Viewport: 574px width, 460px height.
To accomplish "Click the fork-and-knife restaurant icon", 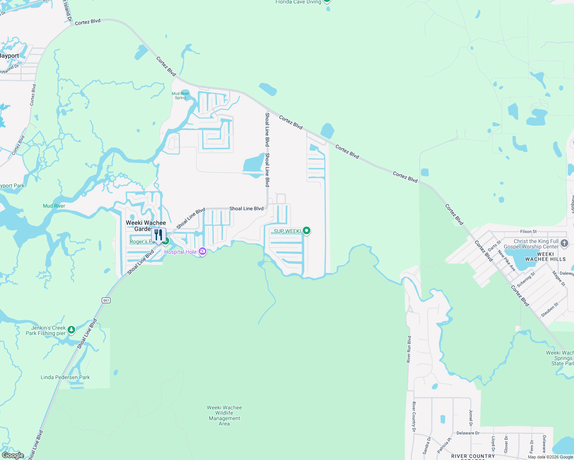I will click(158, 235).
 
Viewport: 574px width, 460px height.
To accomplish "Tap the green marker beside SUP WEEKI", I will click(306, 231).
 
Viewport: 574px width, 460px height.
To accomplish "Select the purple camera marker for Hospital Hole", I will click(203, 252).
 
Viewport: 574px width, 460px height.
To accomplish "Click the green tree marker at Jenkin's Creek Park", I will click(71, 330).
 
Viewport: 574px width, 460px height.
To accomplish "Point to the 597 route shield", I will click(106, 300).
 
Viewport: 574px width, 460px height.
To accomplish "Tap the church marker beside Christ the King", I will click(564, 243).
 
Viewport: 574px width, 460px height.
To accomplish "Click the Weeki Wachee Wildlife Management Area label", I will click(224, 416).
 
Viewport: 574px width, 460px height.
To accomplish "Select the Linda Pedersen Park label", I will click(65, 377).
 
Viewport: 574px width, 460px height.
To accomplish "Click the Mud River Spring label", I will click(180, 95).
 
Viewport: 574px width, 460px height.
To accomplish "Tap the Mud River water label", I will click(54, 206).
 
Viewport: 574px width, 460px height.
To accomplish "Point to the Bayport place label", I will click(9, 56).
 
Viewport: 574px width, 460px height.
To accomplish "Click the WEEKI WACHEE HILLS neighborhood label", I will click(545, 256).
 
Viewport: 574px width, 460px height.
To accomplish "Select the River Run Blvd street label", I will click(409, 349).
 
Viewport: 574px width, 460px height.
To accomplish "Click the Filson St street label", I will click(528, 232).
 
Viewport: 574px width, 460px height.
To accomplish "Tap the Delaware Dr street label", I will click(468, 433).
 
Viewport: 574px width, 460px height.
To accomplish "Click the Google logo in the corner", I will click(13, 455).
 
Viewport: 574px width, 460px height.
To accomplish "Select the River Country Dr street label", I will click(414, 417).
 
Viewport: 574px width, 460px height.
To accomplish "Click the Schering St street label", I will click(526, 280).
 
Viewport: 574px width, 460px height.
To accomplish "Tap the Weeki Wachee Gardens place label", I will click(146, 226).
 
